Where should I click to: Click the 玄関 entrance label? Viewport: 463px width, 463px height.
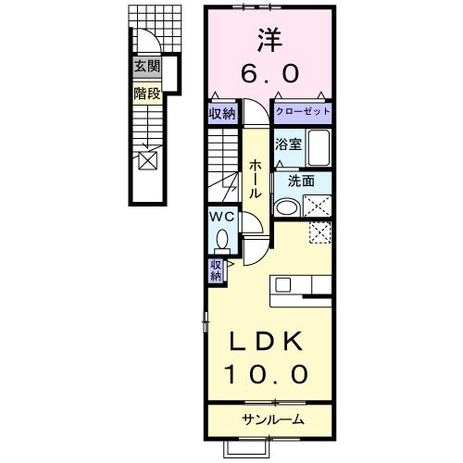(x=147, y=66)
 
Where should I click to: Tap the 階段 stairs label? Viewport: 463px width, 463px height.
(x=147, y=94)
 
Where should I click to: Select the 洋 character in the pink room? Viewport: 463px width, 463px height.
(x=269, y=40)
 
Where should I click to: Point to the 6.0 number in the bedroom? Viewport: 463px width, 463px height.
(x=269, y=73)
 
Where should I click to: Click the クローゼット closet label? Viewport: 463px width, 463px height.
(x=303, y=111)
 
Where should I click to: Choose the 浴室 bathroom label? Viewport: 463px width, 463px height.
(x=288, y=144)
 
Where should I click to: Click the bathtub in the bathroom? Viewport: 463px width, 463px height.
(x=319, y=147)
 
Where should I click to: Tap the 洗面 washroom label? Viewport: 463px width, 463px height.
(x=301, y=181)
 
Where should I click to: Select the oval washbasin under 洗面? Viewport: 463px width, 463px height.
(x=287, y=207)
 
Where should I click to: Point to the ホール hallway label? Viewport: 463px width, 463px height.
(x=256, y=179)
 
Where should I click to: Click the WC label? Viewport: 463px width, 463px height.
(x=222, y=217)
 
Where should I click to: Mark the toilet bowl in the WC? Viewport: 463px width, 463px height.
(x=222, y=239)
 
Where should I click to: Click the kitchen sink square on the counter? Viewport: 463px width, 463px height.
(x=282, y=284)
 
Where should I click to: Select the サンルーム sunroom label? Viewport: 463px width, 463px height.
(x=273, y=419)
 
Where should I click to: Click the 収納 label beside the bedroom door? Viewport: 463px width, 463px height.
(x=222, y=114)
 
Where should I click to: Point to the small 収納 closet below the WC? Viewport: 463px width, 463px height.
(x=216, y=270)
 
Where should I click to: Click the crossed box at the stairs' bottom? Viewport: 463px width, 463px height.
(x=148, y=161)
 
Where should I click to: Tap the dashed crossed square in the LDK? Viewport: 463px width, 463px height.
(x=320, y=231)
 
